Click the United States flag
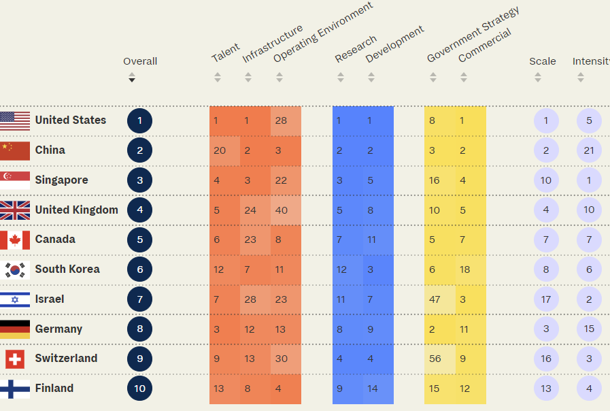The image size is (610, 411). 15,121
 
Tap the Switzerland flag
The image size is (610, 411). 15,359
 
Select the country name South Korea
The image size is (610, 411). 67,269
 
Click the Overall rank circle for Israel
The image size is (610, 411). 139,299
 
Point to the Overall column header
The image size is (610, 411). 140,61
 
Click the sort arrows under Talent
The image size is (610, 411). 218,78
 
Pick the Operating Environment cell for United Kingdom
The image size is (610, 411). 281,210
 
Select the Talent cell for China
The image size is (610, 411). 220,150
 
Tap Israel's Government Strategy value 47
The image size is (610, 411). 435,299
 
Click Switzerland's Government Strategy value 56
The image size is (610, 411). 435,359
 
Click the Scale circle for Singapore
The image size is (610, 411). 546,180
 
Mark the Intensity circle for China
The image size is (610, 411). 589,150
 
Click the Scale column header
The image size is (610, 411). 543,61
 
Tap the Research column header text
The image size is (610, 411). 356,49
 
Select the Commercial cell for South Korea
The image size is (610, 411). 465,269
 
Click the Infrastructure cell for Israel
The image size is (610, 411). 250,299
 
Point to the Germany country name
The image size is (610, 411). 58,329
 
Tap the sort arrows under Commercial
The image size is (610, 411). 464,78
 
